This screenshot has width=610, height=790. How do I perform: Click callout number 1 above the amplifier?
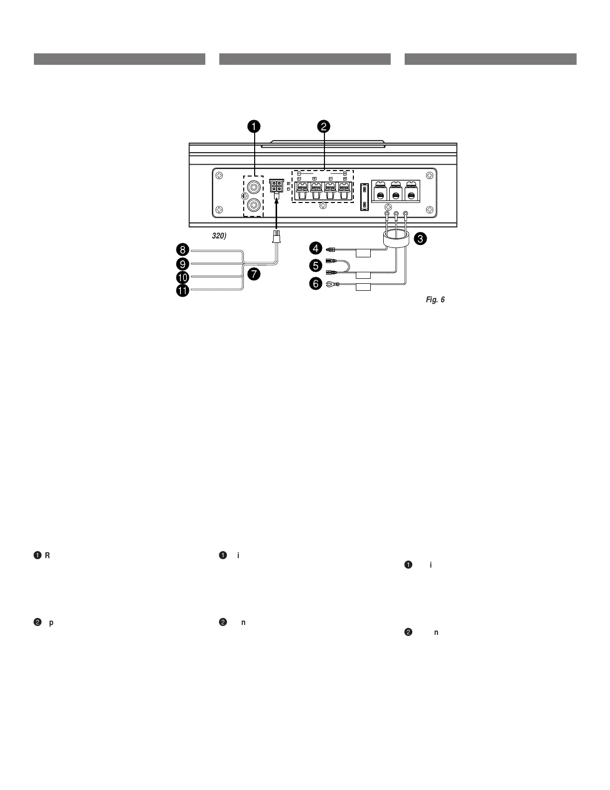pyautogui.click(x=254, y=127)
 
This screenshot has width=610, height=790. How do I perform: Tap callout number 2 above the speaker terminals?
pyautogui.click(x=323, y=127)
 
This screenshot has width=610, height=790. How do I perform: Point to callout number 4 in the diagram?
pyautogui.click(x=315, y=247)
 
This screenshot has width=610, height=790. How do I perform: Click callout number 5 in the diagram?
pyautogui.click(x=315, y=266)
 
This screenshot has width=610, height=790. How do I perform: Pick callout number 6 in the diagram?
pyautogui.click(x=315, y=284)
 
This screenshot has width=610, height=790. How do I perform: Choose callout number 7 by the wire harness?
pyautogui.click(x=255, y=273)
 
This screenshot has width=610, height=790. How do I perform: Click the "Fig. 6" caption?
pyautogui.click(x=435, y=300)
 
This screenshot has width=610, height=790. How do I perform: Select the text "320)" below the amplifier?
pyautogui.click(x=219, y=236)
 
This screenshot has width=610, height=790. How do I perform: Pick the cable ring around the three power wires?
pyautogui.click(x=396, y=239)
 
